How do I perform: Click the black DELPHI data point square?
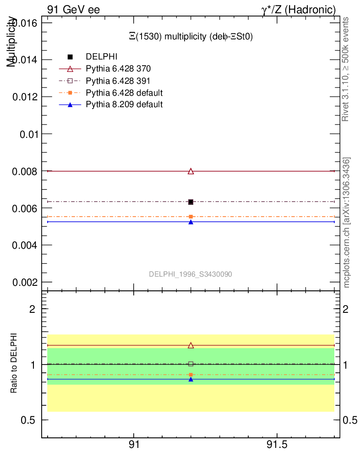(x=191, y=202)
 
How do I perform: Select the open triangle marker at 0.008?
(x=191, y=171)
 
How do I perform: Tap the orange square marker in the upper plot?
(x=191, y=217)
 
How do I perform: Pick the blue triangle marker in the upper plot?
(x=191, y=222)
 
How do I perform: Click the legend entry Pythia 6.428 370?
(x=118, y=69)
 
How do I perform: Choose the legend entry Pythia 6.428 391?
(x=118, y=81)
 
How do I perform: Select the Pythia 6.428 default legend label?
(x=124, y=93)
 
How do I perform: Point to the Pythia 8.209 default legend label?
(x=124, y=104)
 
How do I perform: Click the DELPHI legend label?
(x=102, y=57)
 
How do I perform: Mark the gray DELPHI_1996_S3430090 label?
(x=191, y=274)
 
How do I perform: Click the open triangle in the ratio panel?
(x=191, y=345)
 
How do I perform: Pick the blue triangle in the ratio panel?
(x=191, y=379)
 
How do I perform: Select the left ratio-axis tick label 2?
(x=33, y=309)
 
